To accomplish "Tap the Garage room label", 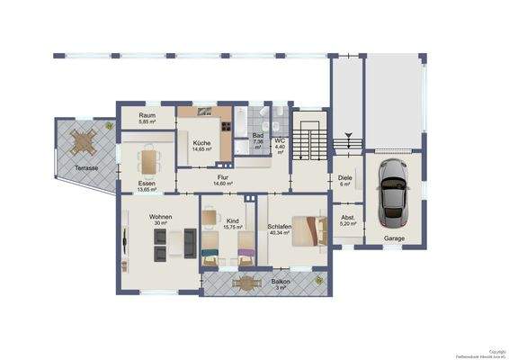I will click(x=394, y=238).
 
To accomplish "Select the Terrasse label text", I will click(x=86, y=168).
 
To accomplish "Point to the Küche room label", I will click(x=201, y=145).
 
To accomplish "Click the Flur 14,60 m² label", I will click(x=222, y=180).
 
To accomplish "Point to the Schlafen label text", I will click(x=280, y=229).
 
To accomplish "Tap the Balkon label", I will click(x=280, y=284).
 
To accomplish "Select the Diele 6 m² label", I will click(x=344, y=180).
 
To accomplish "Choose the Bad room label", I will click(x=257, y=140).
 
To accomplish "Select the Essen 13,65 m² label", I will click(x=147, y=186).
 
